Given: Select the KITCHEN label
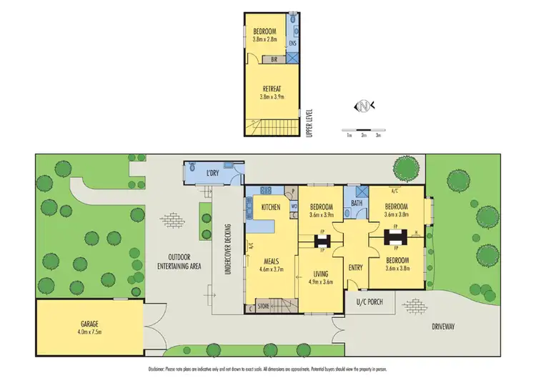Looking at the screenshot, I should point(270,207).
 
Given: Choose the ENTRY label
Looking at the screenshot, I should point(355,267).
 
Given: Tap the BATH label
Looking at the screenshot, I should point(356,204).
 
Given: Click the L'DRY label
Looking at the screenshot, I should point(213,174).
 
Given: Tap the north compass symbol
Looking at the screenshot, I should point(364,106).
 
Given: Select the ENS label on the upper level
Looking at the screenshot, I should point(292,44).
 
